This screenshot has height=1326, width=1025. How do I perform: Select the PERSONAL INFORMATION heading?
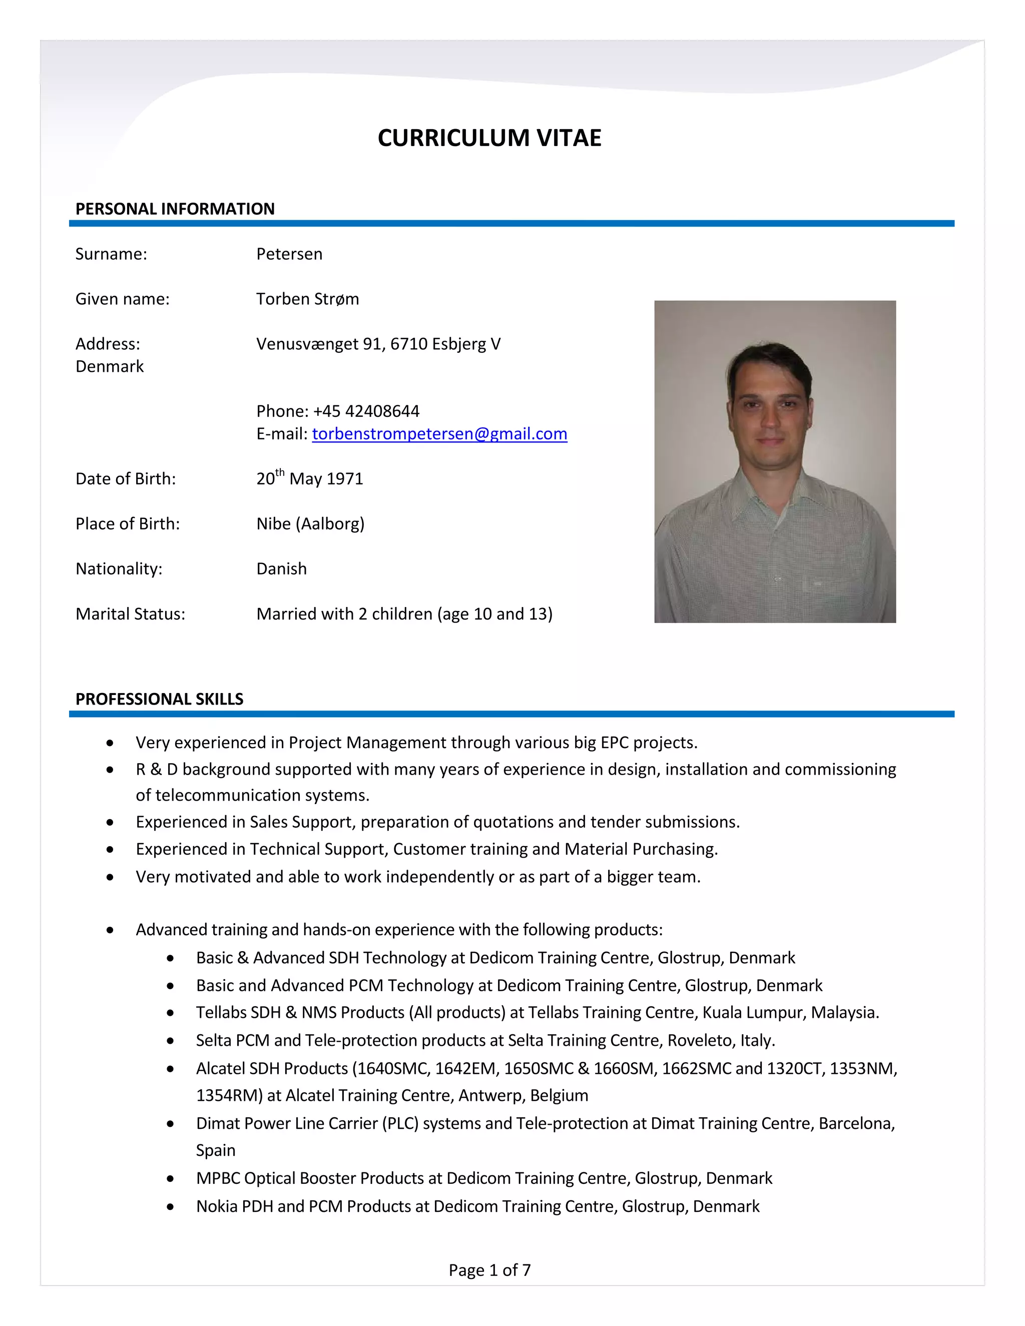[175, 209]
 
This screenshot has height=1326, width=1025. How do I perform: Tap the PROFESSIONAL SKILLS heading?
[159, 699]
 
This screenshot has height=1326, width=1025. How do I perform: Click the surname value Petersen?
[289, 254]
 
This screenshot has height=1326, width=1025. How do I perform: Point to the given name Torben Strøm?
[307, 299]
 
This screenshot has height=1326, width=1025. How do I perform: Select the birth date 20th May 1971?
[310, 478]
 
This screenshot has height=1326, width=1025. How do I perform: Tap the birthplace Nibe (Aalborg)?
[310, 523]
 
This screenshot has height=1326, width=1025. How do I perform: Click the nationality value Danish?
[281, 569]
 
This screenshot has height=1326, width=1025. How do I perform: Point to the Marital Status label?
[130, 614]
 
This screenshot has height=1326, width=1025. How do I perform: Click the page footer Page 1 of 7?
[489, 1269]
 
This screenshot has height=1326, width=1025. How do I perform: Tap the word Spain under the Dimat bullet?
[216, 1150]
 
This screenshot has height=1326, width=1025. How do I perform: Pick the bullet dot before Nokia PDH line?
[171, 1207]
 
